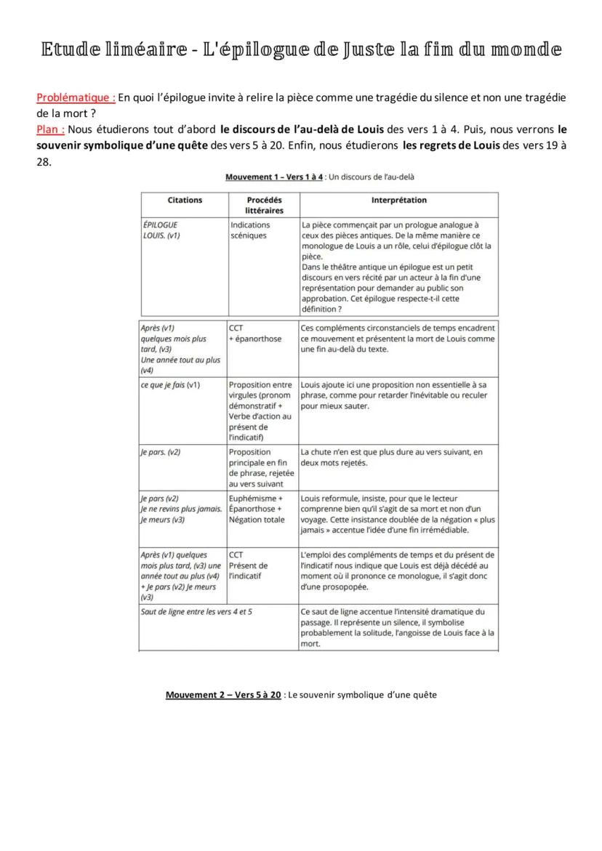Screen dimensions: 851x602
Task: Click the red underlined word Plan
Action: click(50, 129)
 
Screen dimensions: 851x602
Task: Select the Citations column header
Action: click(185, 200)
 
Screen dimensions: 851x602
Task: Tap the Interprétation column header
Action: click(398, 200)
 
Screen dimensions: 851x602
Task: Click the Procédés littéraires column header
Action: click(263, 205)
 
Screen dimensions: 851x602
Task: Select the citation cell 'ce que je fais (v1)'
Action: click(170, 384)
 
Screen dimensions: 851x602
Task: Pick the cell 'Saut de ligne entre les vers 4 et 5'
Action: click(196, 612)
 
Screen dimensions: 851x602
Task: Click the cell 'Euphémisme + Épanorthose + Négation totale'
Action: click(255, 509)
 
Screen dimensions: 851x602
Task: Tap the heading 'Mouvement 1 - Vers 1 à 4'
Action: click(274, 177)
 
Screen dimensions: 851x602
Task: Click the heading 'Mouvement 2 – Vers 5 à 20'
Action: click(223, 695)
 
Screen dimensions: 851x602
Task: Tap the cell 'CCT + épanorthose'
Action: click(255, 334)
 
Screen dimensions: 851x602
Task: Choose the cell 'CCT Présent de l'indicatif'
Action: click(248, 565)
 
